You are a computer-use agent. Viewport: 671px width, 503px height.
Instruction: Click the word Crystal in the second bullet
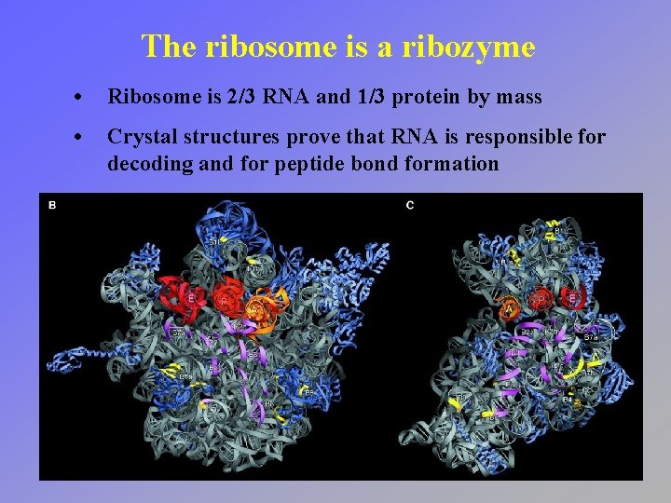139,138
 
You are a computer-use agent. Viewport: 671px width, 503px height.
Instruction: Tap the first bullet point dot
85,98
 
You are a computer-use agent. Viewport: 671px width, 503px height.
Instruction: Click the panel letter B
52,205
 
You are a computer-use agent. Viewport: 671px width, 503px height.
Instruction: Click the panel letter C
410,205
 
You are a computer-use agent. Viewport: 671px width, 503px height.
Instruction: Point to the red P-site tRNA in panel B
226,298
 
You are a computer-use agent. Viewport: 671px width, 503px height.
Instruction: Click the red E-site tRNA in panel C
573,298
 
